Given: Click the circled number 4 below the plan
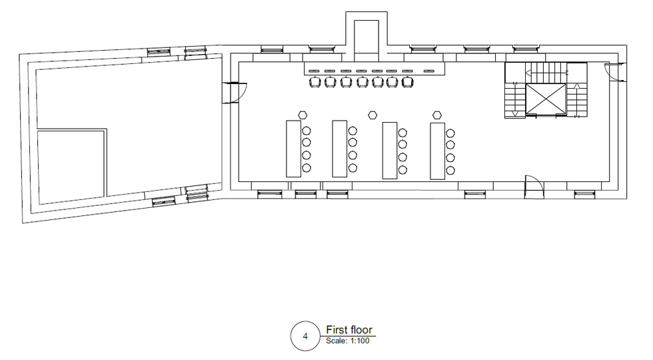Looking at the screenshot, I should [305, 337].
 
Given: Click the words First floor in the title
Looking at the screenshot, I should [349, 330].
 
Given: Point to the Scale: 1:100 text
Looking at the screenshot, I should [346, 341].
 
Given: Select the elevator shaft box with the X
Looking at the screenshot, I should [545, 100].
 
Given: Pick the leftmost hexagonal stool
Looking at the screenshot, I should [303, 115].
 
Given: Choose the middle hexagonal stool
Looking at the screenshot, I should [372, 115].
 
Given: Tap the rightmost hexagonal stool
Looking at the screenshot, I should [437, 115].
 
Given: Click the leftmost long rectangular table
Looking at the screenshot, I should [293, 149].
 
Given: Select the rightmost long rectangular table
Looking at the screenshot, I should [437, 151].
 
